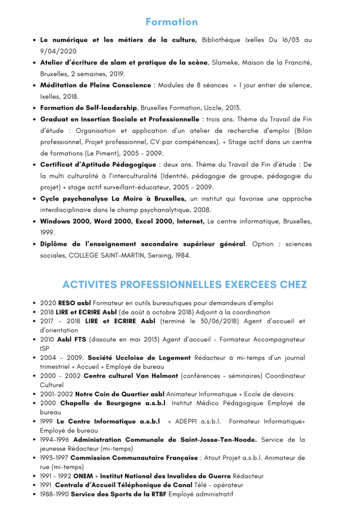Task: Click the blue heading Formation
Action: (x=172, y=22)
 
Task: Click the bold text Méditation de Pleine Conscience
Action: (x=95, y=85)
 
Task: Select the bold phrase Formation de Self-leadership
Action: (x=89, y=108)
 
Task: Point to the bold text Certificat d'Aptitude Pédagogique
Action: (x=98, y=165)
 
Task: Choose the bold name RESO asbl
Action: (x=74, y=303)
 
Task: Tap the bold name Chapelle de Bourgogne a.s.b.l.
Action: (x=113, y=403)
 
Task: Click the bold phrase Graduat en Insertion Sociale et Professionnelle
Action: (x=119, y=119)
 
